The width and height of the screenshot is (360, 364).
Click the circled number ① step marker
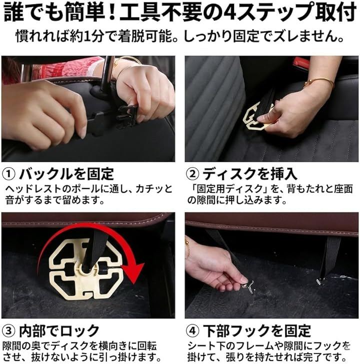8,174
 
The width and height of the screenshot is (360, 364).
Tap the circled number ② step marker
192,174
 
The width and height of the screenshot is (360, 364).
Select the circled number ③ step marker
8,330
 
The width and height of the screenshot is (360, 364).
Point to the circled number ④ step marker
192,330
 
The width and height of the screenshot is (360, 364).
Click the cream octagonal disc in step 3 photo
85,269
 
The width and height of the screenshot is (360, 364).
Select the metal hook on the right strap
321,281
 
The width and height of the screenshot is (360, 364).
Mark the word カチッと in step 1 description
154,189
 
